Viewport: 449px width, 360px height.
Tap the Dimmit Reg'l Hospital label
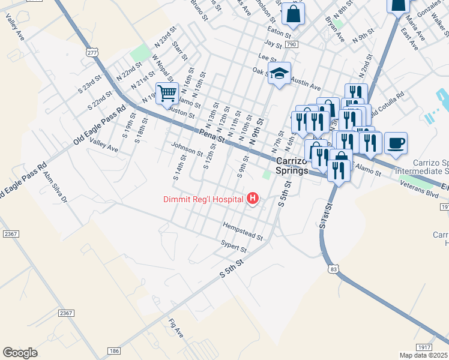pyautogui.click(x=202, y=199)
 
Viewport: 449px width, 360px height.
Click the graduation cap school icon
pyautogui.click(x=279, y=73)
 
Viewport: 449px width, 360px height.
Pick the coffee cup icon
pyautogui.click(x=396, y=143)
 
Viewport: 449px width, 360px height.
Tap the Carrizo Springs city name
pyautogui.click(x=292, y=166)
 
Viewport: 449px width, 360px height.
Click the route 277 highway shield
pyautogui.click(x=92, y=53)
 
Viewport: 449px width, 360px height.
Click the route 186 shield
pyautogui.click(x=113, y=350)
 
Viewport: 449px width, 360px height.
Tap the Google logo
pyautogui.click(x=20, y=352)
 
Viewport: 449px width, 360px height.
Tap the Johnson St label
pyautogui.click(x=187, y=149)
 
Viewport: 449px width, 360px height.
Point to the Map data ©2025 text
pyautogui.click(x=423, y=355)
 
